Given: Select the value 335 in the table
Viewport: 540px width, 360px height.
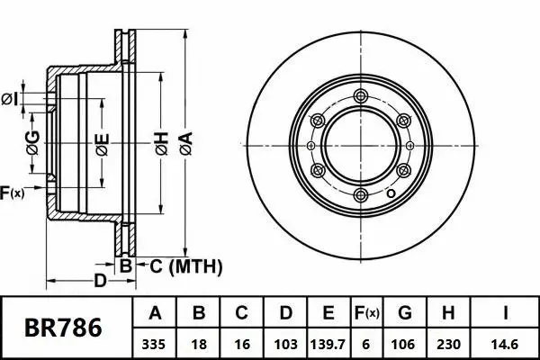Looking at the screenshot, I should [155, 343].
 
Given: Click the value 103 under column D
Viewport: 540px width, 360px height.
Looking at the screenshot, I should [284, 343].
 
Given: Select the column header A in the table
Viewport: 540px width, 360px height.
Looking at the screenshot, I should [155, 314].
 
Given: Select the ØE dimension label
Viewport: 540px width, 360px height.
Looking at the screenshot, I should [103, 144].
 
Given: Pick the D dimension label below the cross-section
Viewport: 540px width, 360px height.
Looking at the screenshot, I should [101, 282].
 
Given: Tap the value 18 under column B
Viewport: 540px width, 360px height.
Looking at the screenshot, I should [200, 343].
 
